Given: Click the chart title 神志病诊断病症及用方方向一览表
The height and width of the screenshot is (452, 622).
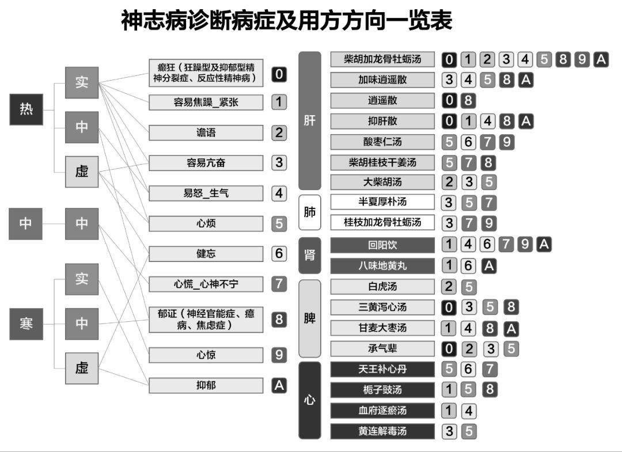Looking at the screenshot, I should point(286,21).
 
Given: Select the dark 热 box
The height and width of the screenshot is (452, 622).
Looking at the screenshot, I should point(26,109).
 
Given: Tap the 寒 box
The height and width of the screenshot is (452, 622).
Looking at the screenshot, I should point(26,324).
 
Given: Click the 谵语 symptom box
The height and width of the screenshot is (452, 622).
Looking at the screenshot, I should point(206,132).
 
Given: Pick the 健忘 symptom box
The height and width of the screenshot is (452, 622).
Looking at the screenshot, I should point(206,253).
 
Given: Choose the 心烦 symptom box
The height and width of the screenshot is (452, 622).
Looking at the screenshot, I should point(206,223).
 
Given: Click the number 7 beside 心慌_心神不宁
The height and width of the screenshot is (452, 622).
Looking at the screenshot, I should point(279,284).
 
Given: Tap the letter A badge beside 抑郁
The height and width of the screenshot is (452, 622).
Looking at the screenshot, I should point(279,385).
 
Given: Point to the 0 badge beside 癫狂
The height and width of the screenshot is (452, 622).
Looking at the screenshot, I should point(279,74).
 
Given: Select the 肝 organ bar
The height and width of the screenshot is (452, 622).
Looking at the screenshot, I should point(310,121).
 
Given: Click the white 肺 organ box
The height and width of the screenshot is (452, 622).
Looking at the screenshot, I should point(310,212).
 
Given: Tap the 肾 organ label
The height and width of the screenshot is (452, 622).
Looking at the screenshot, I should point(310,255).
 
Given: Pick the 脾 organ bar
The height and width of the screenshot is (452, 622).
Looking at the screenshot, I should point(310,318).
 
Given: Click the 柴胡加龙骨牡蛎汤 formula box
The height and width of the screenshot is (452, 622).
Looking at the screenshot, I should point(382,59).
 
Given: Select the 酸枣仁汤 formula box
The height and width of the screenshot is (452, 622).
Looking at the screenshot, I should point(382,142).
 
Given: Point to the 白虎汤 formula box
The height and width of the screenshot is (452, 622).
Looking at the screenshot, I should point(382,287).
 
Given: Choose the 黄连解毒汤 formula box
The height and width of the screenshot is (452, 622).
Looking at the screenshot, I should point(382,431).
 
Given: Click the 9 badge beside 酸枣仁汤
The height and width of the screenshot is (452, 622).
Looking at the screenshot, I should point(506,142).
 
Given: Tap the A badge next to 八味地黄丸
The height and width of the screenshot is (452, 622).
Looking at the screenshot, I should point(488,266).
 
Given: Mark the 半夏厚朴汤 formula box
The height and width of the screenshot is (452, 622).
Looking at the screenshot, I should point(382,202).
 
